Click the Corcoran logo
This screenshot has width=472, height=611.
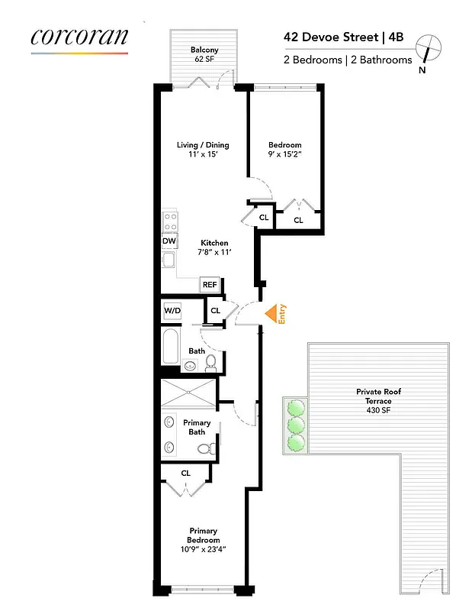click(x=79, y=37)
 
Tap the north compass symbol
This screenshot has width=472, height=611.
click(x=432, y=48)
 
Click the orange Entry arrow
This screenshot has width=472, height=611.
click(x=271, y=313)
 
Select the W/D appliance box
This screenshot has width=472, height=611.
click(x=172, y=311)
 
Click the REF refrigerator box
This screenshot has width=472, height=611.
click(x=209, y=284)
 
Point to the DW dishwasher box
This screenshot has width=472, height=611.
click(x=169, y=241)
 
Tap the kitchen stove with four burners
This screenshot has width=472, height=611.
click(x=170, y=221)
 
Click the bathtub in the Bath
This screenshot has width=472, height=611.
click(x=171, y=346)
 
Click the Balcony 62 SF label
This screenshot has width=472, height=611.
click(x=204, y=56)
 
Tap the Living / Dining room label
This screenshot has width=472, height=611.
click(x=203, y=150)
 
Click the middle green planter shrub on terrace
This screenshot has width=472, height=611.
click(x=294, y=425)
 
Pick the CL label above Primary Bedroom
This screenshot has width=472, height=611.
click(x=186, y=473)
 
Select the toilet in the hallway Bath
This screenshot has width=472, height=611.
click(x=211, y=362)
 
